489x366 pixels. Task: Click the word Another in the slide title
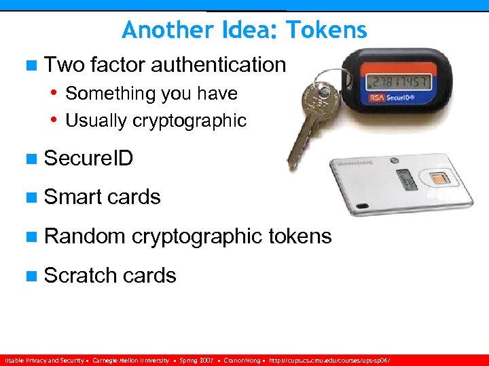(158, 30)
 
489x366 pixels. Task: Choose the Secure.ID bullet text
(88, 159)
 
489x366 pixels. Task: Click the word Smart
(71, 197)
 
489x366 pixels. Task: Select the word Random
(84, 237)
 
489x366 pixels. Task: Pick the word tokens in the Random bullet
(300, 237)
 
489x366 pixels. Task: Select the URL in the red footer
(330, 361)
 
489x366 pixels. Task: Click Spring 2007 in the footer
(196, 361)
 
